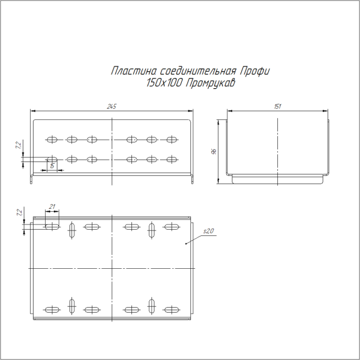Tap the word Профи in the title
[257, 71]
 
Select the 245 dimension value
[112, 106]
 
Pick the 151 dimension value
[278, 106]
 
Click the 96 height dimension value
[214, 152]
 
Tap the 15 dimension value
[53, 166]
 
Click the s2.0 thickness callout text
[209, 231]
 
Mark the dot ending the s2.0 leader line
[186, 243]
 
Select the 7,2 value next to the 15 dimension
[19, 145]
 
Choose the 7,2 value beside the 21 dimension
[19, 212]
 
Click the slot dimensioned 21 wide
[52, 227]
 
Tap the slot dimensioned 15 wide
[52, 159]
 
